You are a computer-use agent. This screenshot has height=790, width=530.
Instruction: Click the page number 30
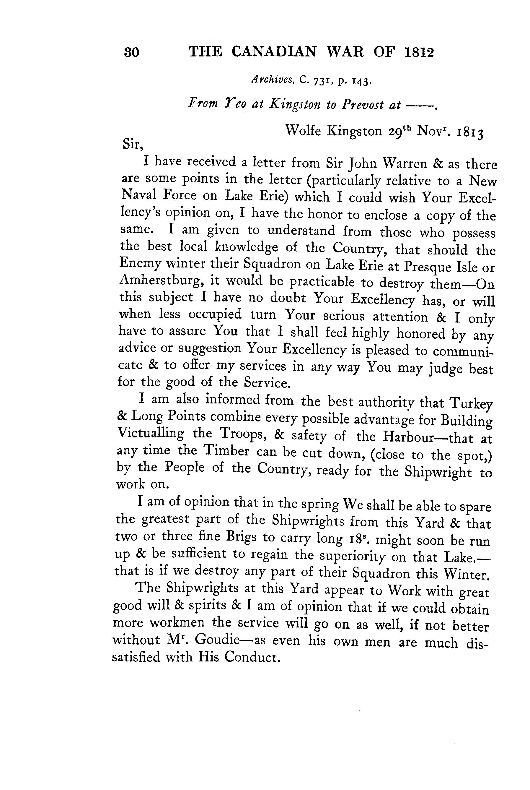point(132,52)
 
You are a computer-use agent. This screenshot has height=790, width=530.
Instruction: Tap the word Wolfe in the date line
point(303,130)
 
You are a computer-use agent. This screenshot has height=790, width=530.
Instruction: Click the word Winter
point(467,575)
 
